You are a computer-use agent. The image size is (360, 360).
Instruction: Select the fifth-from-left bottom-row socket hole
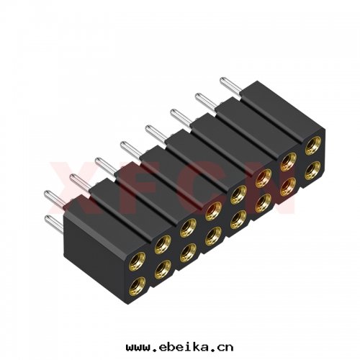(237, 220)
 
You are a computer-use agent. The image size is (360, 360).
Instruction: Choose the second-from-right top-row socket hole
(287, 163)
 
